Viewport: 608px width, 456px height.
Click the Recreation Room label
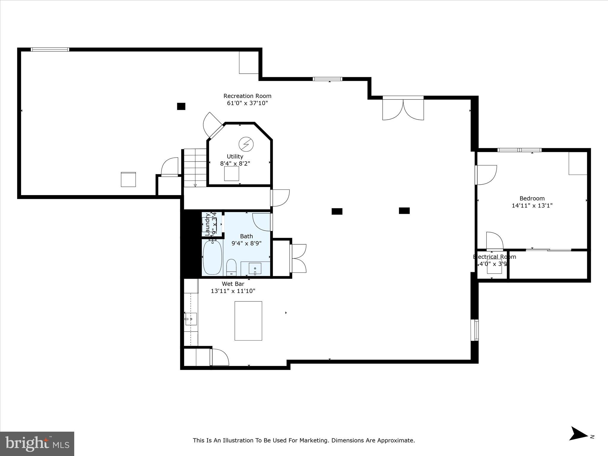pyautogui.click(x=247, y=96)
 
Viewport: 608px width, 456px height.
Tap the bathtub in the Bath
pyautogui.click(x=212, y=257)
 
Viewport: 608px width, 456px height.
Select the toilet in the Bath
pyautogui.click(x=231, y=266)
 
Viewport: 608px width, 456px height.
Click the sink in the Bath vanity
pyautogui.click(x=255, y=269)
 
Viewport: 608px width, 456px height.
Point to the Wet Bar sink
pyautogui.click(x=191, y=319)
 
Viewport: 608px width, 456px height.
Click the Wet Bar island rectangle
pyautogui.click(x=248, y=321)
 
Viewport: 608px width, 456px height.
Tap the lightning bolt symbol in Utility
pyautogui.click(x=246, y=144)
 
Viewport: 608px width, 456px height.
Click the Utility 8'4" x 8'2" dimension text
pyautogui.click(x=235, y=164)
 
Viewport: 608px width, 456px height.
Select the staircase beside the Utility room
pyautogui.click(x=195, y=168)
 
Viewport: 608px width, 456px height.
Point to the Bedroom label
pyautogui.click(x=532, y=198)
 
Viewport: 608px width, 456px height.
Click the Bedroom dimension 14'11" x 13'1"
pyautogui.click(x=532, y=205)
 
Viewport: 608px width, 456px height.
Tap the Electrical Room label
pyautogui.click(x=495, y=257)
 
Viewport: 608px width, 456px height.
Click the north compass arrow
pyautogui.click(x=577, y=442)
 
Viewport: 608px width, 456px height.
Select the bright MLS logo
pyautogui.click(x=37, y=444)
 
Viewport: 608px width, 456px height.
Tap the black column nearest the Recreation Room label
pyautogui.click(x=181, y=106)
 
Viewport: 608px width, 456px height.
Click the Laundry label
pyautogui.click(x=208, y=223)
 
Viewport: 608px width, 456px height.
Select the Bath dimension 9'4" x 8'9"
pyautogui.click(x=246, y=243)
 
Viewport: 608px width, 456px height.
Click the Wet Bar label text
pyautogui.click(x=233, y=284)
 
